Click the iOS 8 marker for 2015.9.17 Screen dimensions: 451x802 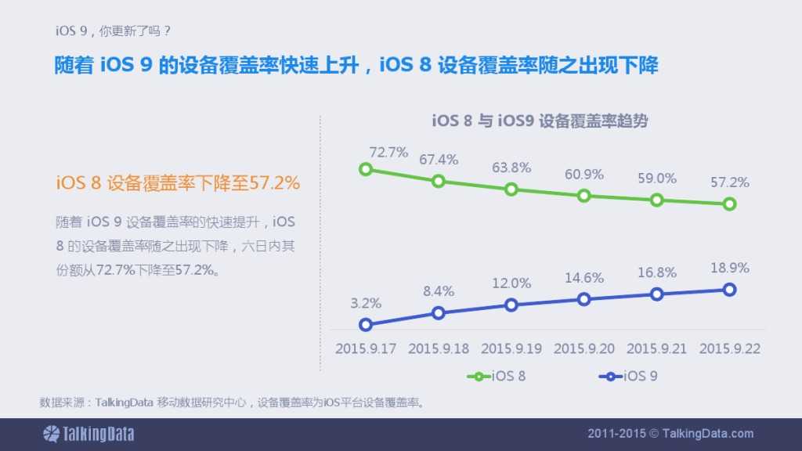[x=365, y=169]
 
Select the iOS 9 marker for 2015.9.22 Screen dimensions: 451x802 [x=729, y=290]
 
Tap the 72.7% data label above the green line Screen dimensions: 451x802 [x=388, y=153]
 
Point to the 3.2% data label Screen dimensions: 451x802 [x=366, y=303]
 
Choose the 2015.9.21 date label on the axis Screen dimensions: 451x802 [x=656, y=348]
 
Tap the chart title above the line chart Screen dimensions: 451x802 [x=540, y=121]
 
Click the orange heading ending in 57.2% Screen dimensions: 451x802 [x=178, y=183]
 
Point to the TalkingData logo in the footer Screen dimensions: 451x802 [x=89, y=433]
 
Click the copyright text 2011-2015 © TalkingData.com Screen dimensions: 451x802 [x=670, y=433]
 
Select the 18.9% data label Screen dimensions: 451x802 [x=730, y=267]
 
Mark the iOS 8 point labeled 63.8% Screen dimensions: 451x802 [x=511, y=189]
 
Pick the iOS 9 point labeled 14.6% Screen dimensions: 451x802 [x=583, y=299]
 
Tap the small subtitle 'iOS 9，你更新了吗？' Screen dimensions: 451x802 [x=113, y=31]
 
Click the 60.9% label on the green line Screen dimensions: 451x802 [x=584, y=174]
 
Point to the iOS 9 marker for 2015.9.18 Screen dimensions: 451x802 [x=439, y=313]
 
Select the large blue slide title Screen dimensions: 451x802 [x=356, y=64]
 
